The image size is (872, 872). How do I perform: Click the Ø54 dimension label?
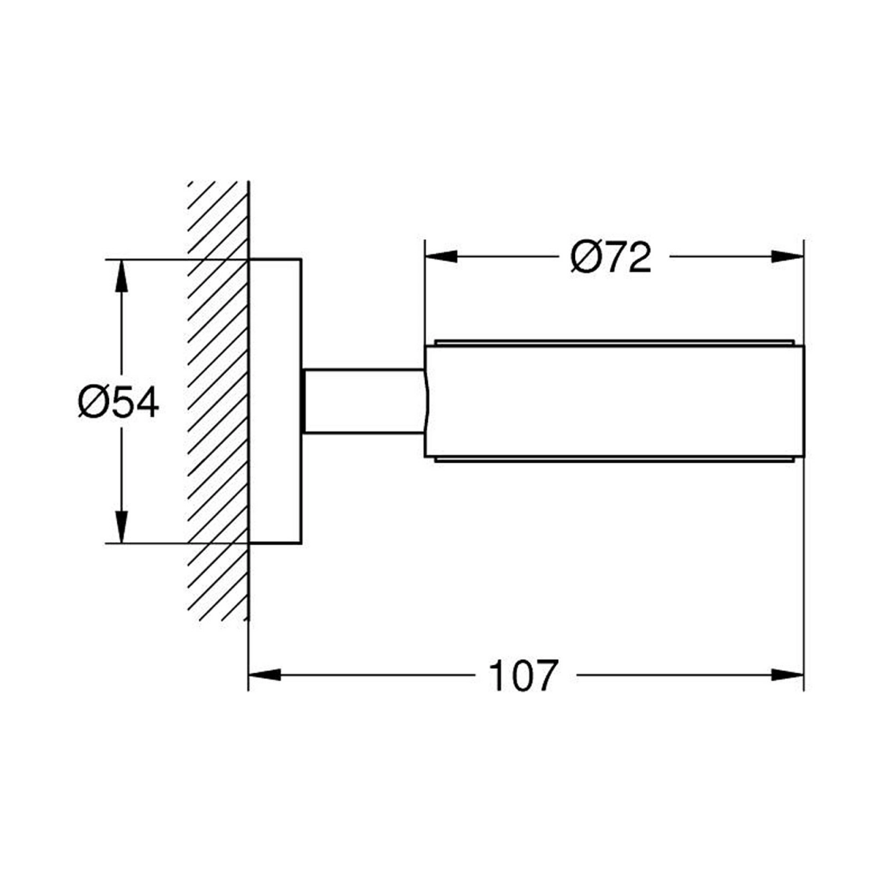119,403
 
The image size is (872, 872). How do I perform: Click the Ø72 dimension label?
610,257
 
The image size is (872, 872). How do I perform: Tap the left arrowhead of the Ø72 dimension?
441,257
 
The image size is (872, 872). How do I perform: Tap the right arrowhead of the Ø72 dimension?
788,257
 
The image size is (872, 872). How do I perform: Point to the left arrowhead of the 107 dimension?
265,675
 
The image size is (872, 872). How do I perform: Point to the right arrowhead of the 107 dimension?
788,675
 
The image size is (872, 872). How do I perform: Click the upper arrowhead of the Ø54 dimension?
121,276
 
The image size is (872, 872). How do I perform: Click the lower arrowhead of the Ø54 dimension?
121,527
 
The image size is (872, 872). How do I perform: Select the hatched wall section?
218,401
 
